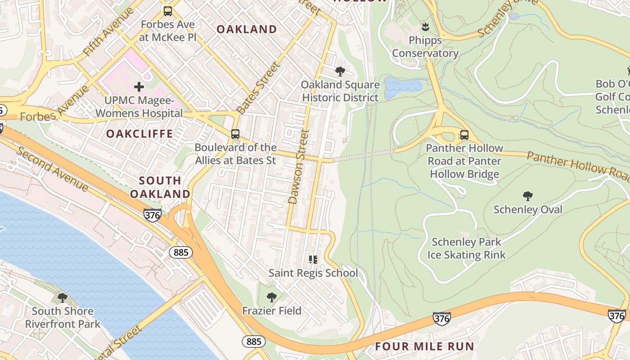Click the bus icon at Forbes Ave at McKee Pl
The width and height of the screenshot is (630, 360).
(167, 11)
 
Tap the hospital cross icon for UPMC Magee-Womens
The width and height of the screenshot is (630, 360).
(139, 86)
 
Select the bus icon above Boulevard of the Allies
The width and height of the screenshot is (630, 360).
(235, 134)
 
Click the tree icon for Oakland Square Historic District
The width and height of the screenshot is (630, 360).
(340, 71)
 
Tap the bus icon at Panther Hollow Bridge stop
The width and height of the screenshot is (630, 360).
(464, 135)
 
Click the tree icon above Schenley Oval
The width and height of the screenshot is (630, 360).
(528, 196)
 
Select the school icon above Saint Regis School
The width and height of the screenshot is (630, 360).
(313, 259)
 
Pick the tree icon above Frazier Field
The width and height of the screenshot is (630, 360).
(271, 297)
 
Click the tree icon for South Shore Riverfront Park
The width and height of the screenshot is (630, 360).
(63, 297)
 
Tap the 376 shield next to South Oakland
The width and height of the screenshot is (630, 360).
(153, 215)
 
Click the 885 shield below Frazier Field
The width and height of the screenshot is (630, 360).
(254, 342)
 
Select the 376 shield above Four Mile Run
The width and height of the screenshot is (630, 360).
(441, 319)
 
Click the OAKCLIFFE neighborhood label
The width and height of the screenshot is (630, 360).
(139, 134)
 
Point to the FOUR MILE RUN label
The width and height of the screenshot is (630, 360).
(424, 346)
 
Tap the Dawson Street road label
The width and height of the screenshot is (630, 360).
(298, 166)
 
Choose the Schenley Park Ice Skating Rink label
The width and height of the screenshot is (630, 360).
(466, 248)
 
